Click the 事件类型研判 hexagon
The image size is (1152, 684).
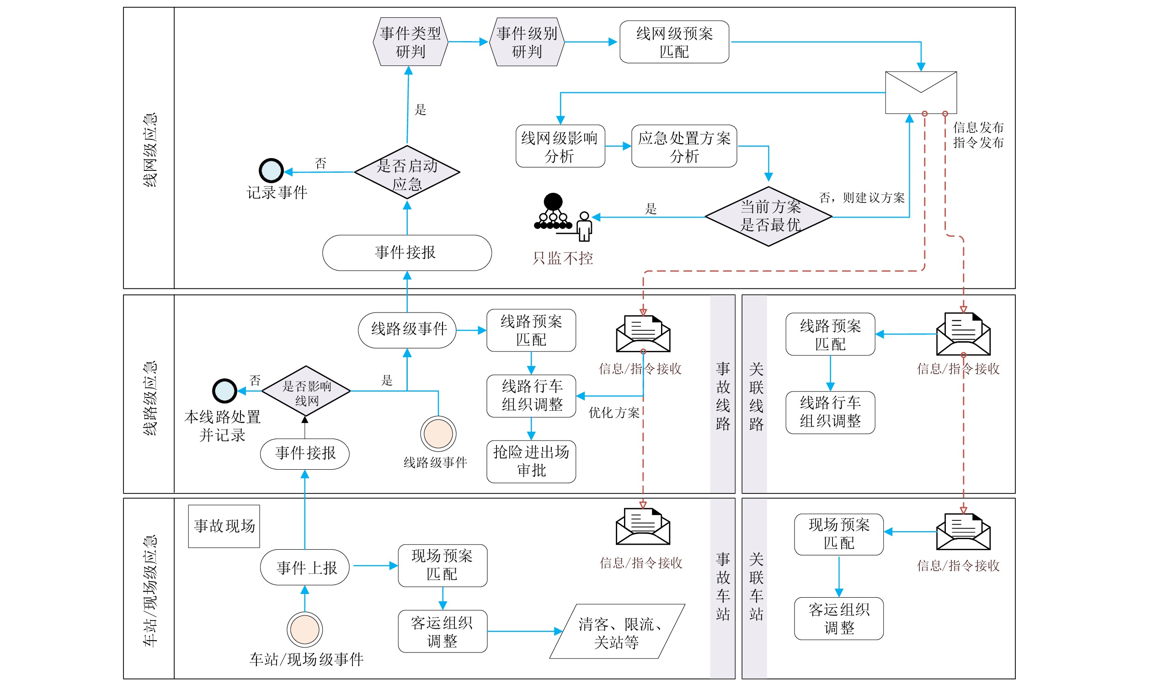[x=410, y=42]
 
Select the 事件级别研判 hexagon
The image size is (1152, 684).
[x=527, y=42]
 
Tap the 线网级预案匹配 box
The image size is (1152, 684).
[x=674, y=42]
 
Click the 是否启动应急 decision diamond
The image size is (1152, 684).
[x=407, y=173]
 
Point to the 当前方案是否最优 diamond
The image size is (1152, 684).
[x=768, y=216]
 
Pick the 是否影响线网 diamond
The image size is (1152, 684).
[x=306, y=391]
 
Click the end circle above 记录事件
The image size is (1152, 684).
[x=271, y=171]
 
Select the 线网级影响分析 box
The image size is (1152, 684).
[x=560, y=146]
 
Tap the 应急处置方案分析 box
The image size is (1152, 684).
[x=684, y=146]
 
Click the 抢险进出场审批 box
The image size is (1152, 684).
[x=531, y=462]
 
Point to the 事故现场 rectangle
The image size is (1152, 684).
[x=224, y=526]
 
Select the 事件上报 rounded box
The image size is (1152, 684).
[x=305, y=567]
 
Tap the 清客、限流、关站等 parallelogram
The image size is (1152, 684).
[x=617, y=632]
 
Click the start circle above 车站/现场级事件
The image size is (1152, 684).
[x=305, y=630]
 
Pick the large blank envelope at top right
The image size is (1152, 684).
[x=921, y=93]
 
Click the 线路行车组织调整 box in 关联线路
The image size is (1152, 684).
[x=830, y=413]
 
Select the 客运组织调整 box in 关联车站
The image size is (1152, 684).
[x=839, y=619]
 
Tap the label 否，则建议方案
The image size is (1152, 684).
[x=861, y=198]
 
